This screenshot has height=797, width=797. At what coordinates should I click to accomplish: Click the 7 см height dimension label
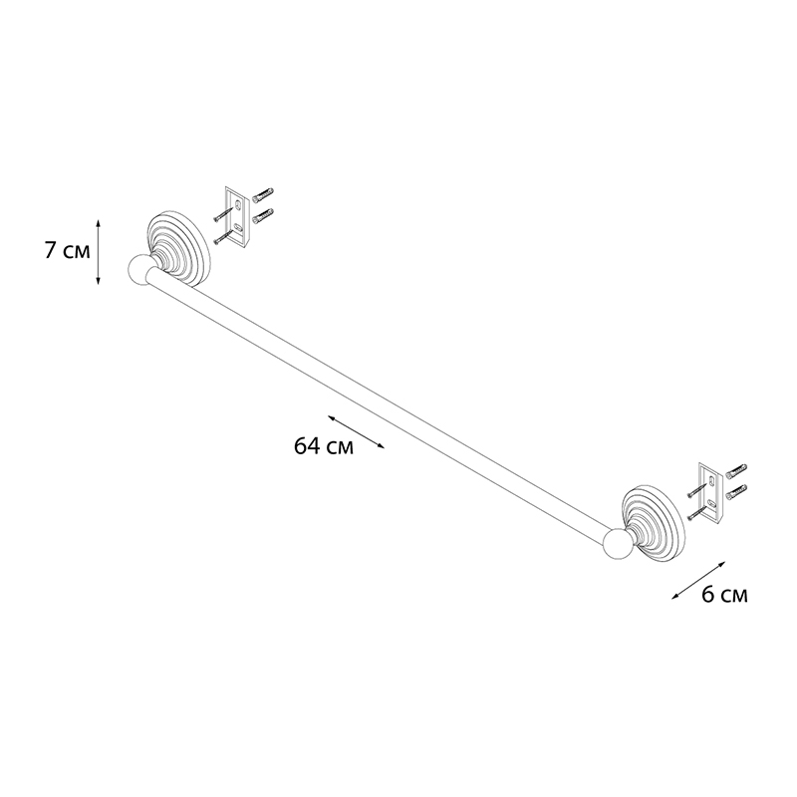67,251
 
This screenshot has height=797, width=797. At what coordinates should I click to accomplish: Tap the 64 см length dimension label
323,446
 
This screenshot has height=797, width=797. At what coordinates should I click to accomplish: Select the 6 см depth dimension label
725,594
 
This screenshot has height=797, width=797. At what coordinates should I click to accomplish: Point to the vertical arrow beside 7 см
98,251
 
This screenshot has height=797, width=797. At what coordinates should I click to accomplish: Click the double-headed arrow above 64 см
356,432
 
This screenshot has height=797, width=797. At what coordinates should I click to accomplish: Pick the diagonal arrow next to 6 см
698,581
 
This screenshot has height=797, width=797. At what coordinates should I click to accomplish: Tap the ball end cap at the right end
618,546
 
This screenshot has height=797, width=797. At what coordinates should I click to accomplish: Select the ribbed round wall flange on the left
178,247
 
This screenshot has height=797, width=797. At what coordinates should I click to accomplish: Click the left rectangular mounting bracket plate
238,216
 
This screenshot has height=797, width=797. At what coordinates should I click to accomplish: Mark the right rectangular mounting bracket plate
711,491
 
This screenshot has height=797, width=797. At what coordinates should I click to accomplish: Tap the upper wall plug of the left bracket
263,193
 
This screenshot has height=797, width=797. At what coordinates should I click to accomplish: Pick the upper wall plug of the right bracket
736,469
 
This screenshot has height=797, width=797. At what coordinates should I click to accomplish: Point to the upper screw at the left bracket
225,213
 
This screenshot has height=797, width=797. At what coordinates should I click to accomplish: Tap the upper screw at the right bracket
698,489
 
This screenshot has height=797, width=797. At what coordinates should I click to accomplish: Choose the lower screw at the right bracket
698,511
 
